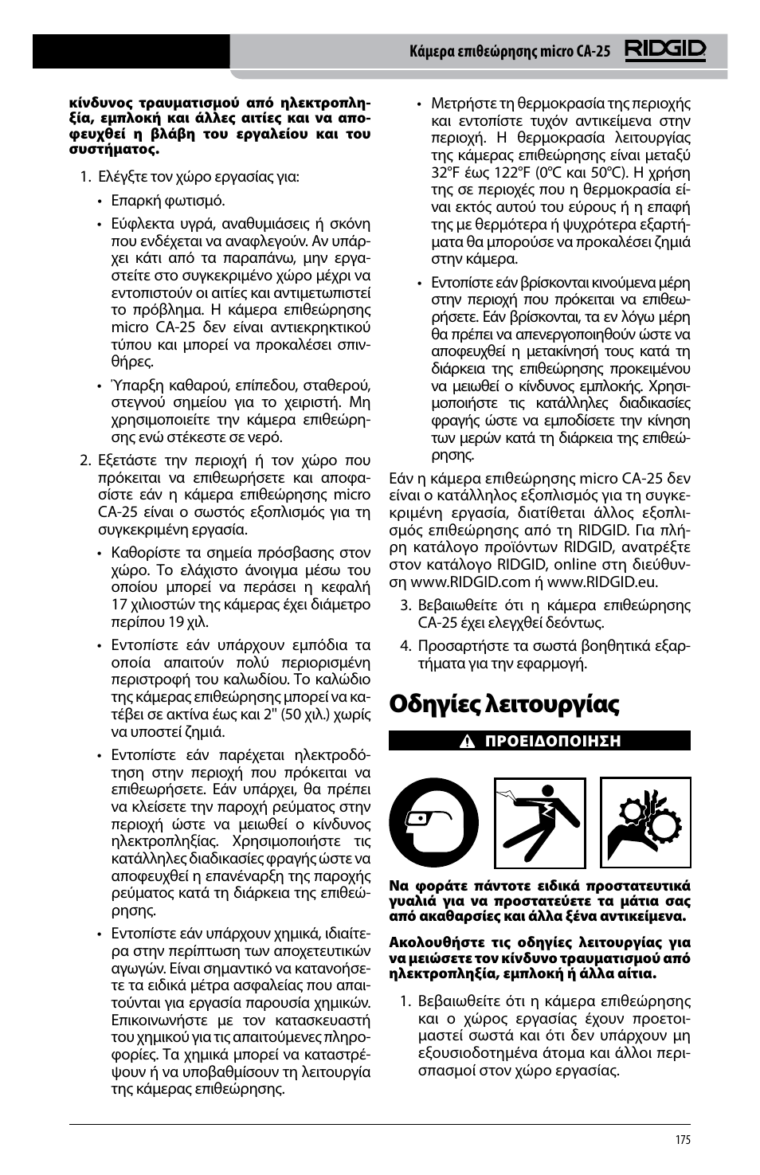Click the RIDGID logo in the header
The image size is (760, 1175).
[665, 51]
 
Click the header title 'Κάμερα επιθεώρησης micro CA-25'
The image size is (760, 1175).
[510, 52]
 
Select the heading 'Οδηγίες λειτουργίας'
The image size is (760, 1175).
[493, 704]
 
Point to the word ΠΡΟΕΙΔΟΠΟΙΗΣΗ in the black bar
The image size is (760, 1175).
[553, 742]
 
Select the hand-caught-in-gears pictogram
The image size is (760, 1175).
[645, 823]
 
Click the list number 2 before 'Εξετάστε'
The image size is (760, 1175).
[84, 460]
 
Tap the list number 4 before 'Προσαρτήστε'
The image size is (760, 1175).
[405, 646]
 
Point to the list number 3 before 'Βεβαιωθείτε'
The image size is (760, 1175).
[405, 605]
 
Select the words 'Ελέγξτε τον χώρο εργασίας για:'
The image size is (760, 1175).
[198, 177]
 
